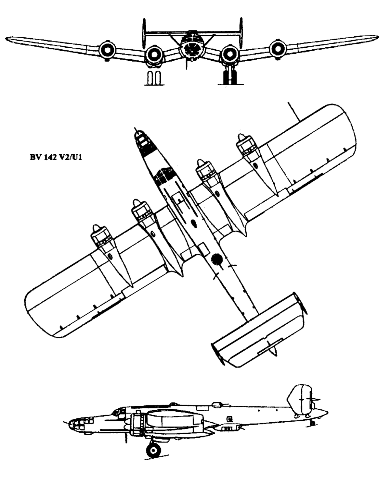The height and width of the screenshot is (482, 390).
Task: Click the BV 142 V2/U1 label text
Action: pyautogui.click(x=56, y=158)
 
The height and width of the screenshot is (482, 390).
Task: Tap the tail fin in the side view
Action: pyautogui.click(x=300, y=400)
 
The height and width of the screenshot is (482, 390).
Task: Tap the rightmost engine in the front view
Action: pyautogui.click(x=278, y=48)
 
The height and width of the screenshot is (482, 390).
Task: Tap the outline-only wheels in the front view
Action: pyautogui.click(x=154, y=78)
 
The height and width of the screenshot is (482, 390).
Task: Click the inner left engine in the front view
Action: pyautogui.click(x=154, y=54)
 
